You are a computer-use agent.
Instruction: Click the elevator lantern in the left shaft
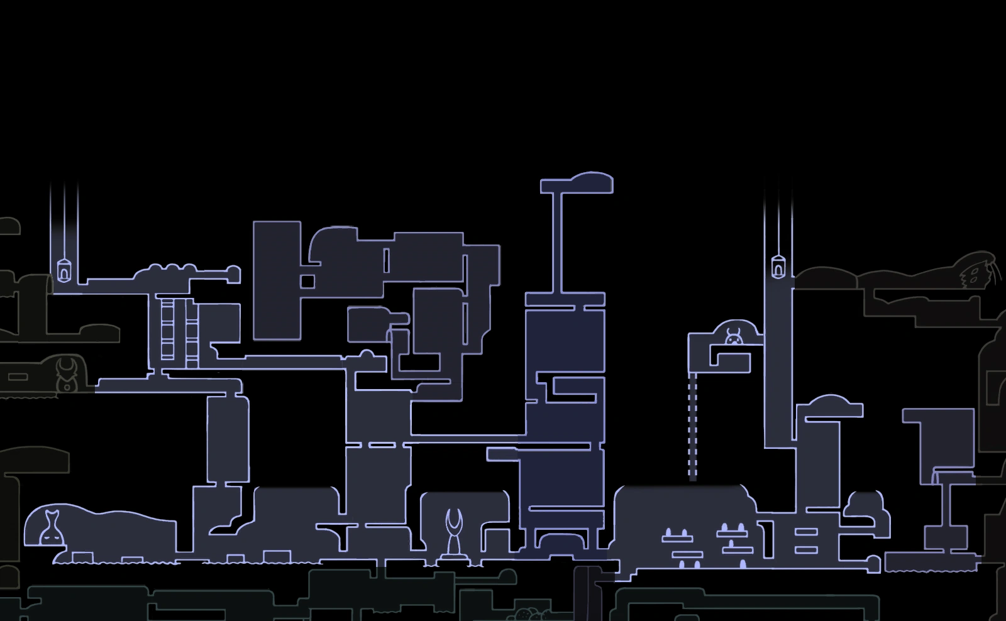tap(64, 270)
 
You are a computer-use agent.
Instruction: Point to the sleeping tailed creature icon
tap(50, 528)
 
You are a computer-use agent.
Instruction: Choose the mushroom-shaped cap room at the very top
tap(577, 184)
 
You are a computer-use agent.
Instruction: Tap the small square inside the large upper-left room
tap(307, 281)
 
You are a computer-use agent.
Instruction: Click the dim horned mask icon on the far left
tap(65, 375)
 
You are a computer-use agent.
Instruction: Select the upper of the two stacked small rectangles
tap(806, 532)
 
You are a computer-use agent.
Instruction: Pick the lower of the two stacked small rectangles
tap(806, 549)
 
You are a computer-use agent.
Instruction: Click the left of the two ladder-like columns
tap(167, 330)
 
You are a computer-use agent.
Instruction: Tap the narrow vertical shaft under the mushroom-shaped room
tap(557, 242)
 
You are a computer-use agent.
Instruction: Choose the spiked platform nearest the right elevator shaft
tap(732, 532)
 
